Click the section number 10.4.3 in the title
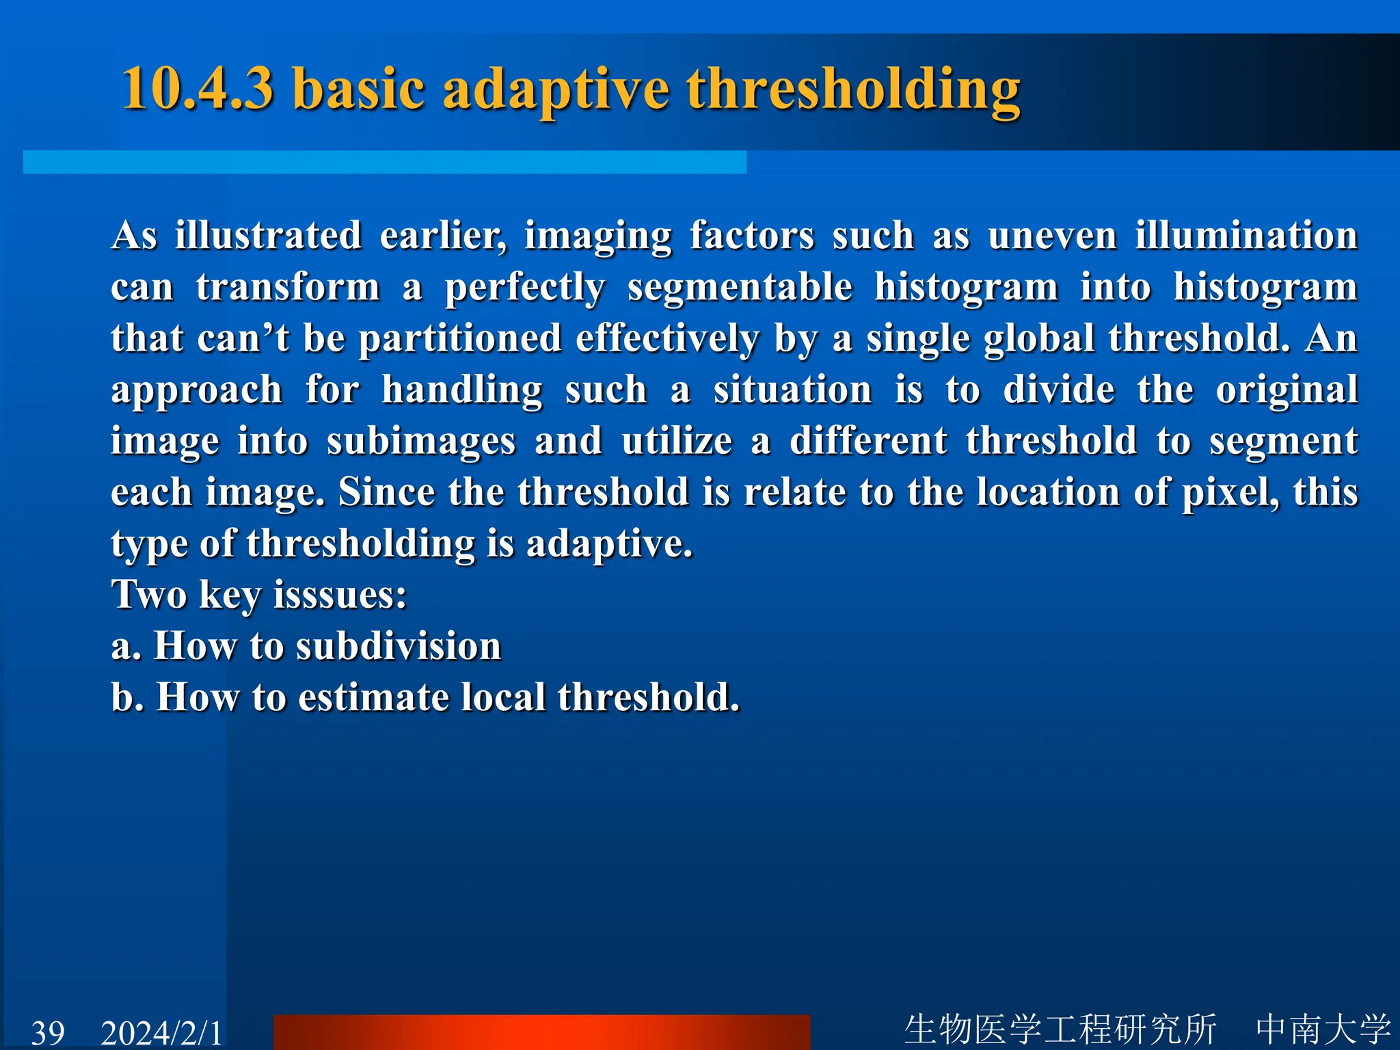tap(198, 89)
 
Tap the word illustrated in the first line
tap(268, 236)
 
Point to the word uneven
tap(1052, 236)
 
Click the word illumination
tap(1246, 236)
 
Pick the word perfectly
tap(524, 288)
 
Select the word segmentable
tap(740, 287)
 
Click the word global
tap(1039, 339)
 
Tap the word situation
tap(793, 390)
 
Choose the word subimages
tap(421, 442)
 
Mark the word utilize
tap(677, 441)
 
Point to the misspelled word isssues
tap(340, 595)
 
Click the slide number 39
tap(48, 1032)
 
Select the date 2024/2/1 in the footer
tap(161, 1032)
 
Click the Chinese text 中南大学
tap(1323, 1029)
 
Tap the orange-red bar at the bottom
tap(541, 1032)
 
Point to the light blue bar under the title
tap(384, 162)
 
